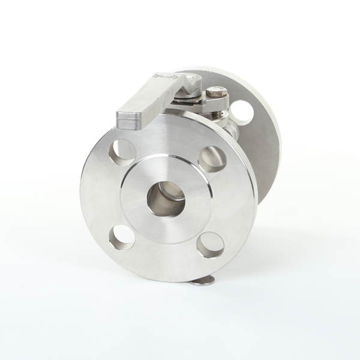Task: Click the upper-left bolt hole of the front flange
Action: click(122, 152)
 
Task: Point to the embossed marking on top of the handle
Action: click(163, 76)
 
